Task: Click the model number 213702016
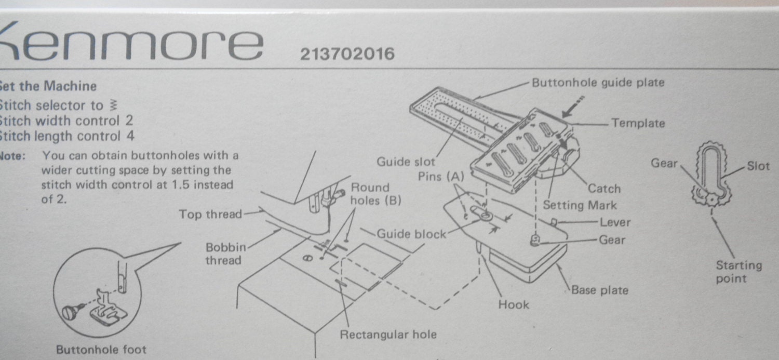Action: coord(347,54)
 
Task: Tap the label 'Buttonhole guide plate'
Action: coord(598,83)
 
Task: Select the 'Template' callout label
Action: coord(638,123)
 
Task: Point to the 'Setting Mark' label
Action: coord(580,205)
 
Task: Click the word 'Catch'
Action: coord(604,189)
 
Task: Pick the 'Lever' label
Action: coord(615,222)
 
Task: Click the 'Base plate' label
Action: coord(600,290)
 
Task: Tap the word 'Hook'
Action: coord(514,305)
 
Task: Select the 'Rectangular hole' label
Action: coord(388,335)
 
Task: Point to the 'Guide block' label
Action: coord(411,234)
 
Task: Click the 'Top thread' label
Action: coord(210,214)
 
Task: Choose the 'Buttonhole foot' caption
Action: coord(101,350)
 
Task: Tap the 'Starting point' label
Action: coord(738,272)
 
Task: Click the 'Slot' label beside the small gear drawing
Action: coord(758,166)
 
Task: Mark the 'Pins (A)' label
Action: coord(440,177)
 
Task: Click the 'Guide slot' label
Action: coord(406,162)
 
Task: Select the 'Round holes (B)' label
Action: coord(375,194)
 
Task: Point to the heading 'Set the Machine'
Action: coord(48,86)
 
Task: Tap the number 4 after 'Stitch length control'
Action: coord(130,137)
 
